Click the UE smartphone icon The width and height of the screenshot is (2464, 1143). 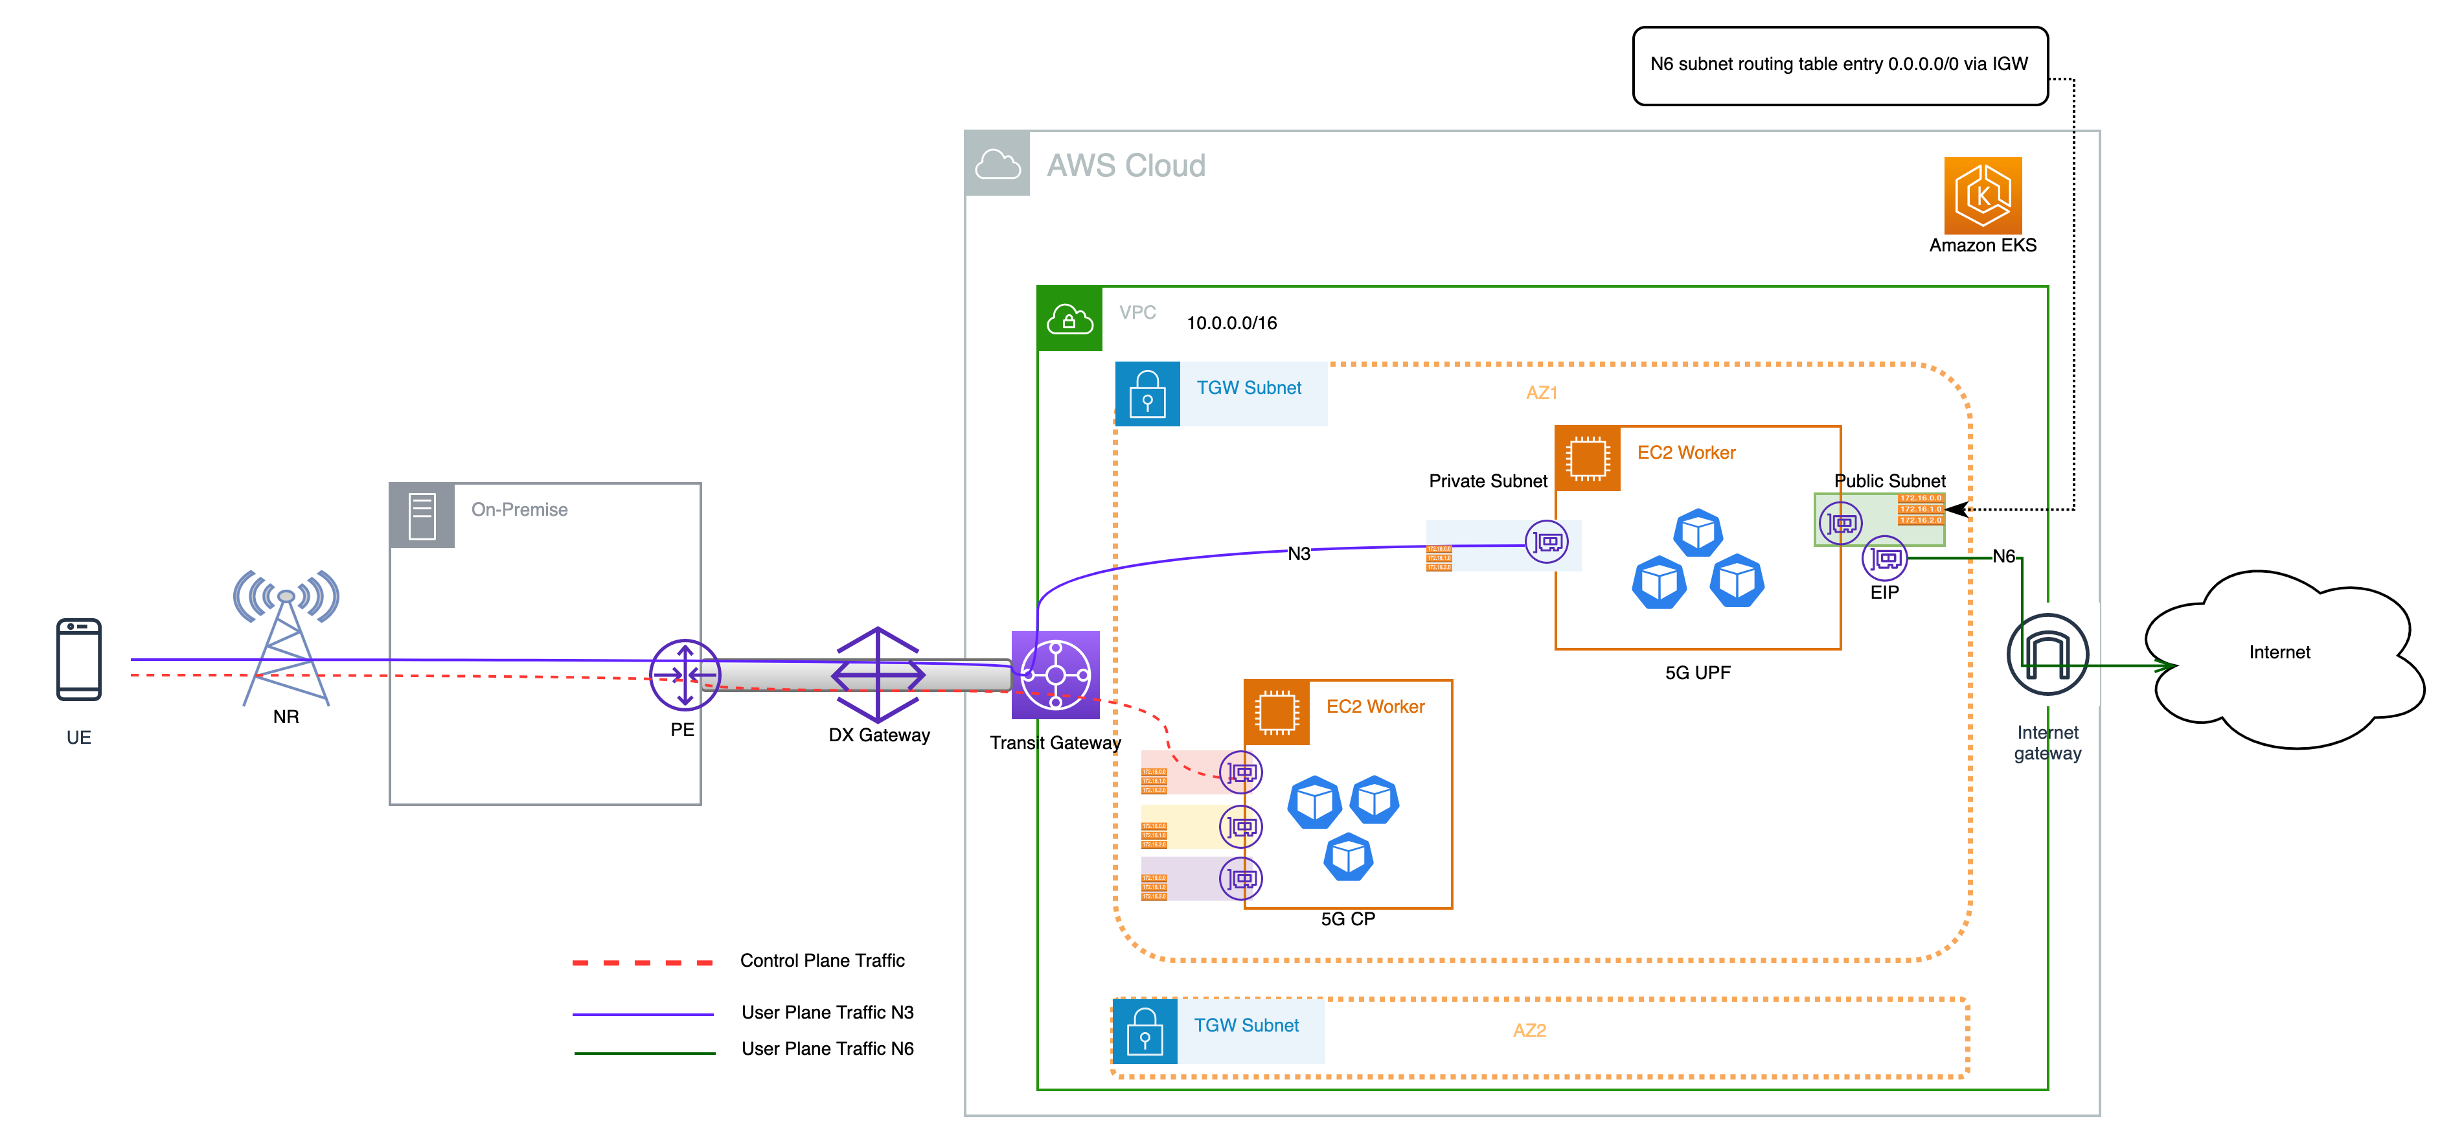coord(78,659)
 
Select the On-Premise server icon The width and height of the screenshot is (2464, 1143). coord(422,516)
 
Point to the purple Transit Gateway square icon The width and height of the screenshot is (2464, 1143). coord(1055,675)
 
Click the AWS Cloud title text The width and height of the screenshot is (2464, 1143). coord(1125,165)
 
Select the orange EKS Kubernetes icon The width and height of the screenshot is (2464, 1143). coord(1982,195)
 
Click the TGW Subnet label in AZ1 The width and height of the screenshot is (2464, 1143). coord(1248,388)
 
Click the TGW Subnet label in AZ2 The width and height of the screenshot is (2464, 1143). coord(1246,1025)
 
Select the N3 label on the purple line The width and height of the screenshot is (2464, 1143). coord(1298,554)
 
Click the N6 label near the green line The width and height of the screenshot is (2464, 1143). coord(2003,557)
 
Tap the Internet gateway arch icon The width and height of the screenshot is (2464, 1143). coord(2047,654)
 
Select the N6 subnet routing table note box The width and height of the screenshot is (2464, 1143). coord(1838,65)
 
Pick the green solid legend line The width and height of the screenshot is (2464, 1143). coord(644,1053)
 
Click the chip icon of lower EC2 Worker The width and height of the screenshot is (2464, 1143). coord(1276,711)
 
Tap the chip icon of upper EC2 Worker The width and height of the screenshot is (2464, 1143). coord(1587,458)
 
